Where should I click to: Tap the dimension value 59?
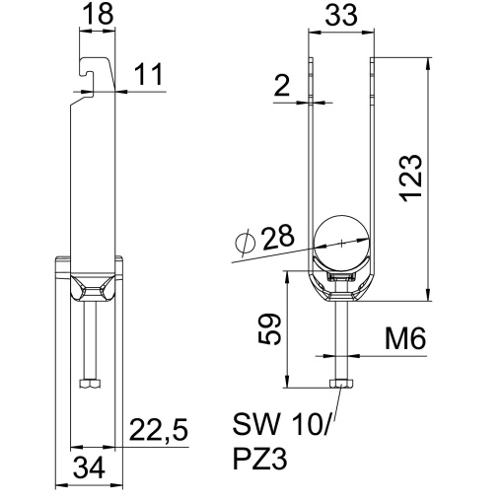coord(269,329)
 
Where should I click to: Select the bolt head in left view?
coord(90,384)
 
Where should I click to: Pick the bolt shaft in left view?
coord(90,335)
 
